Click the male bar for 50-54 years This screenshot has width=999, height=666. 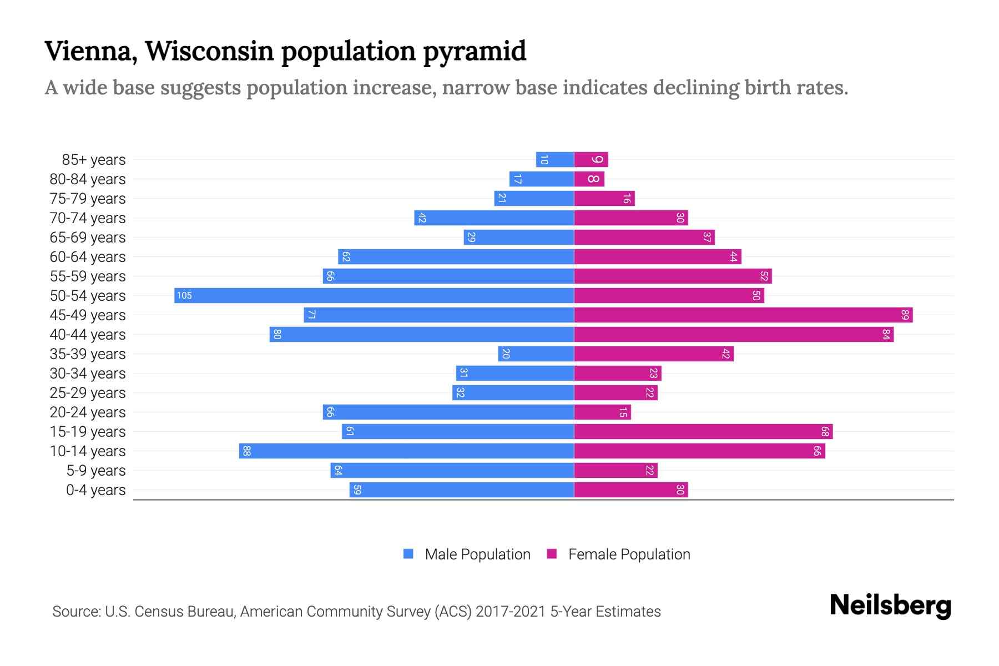[x=374, y=295]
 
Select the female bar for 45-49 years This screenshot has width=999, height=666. [x=743, y=315]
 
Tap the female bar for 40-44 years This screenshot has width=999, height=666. [x=733, y=334]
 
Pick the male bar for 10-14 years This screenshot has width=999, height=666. [x=406, y=451]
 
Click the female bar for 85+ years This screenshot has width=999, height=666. [x=591, y=159]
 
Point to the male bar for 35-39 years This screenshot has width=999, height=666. [x=536, y=354]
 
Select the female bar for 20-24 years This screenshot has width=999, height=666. [x=602, y=412]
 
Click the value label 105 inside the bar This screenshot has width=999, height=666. [x=184, y=295]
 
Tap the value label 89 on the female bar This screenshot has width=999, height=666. [x=905, y=315]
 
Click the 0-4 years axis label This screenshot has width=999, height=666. [x=95, y=490]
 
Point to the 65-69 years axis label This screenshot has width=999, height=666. [x=88, y=238]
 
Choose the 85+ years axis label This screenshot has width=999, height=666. [x=94, y=160]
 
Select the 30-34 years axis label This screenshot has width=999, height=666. [x=88, y=374]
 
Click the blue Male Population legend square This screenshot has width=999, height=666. [x=408, y=554]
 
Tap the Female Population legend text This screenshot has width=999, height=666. [x=629, y=554]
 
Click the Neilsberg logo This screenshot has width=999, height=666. [x=890, y=606]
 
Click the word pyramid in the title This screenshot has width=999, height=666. [x=475, y=52]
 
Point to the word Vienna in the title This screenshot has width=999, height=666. [x=91, y=52]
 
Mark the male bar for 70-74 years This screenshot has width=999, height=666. [x=493, y=218]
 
